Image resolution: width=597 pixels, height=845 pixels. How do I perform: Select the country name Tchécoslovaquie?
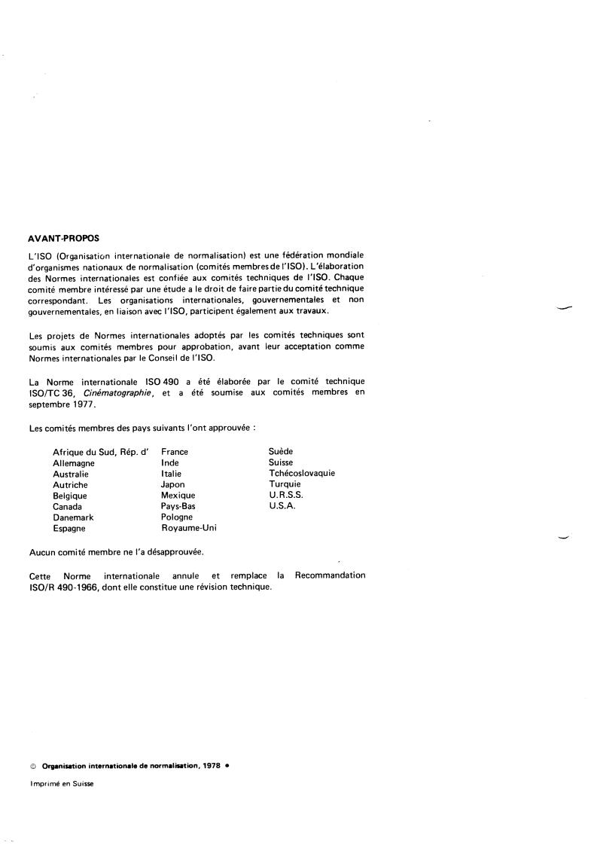(301, 474)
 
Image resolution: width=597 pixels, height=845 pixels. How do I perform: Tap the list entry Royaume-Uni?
(189, 529)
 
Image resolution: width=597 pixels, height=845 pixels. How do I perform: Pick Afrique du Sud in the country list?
(82, 452)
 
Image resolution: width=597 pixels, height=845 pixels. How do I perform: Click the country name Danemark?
(73, 517)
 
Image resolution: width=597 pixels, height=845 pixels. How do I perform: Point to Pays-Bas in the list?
(178, 507)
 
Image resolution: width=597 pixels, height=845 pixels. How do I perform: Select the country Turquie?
(285, 484)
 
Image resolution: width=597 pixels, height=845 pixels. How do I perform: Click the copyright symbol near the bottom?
(33, 764)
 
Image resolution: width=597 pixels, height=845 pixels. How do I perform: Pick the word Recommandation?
(330, 575)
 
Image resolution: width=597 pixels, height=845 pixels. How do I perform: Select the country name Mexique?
(178, 496)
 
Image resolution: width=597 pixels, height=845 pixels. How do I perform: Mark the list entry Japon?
(172, 485)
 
